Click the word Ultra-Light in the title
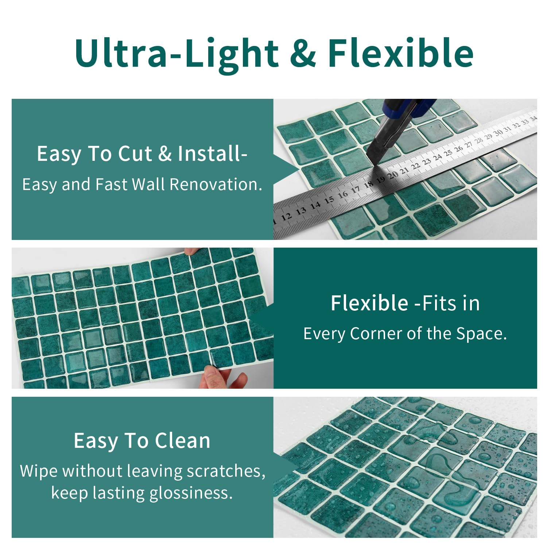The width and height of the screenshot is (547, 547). point(177,53)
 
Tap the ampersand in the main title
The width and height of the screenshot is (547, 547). point(303,53)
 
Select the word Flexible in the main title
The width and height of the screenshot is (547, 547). point(401,53)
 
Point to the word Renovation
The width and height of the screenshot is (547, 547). point(216,184)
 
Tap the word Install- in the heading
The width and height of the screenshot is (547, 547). point(213,154)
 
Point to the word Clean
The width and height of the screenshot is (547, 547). point(182,441)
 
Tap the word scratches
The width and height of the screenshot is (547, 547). point(226,471)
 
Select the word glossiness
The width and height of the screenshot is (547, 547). point(191,493)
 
